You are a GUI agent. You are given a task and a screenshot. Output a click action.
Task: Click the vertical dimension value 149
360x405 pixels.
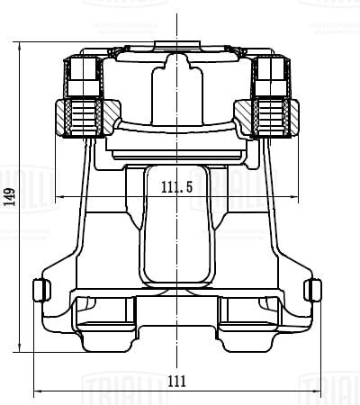(10, 197)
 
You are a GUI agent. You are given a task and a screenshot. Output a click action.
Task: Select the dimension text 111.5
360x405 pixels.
(177, 187)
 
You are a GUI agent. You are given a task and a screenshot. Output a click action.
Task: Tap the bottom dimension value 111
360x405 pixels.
(177, 381)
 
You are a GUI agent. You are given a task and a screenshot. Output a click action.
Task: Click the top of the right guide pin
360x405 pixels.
(271, 60)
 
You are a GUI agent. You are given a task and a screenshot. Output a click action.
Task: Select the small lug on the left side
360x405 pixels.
(39, 290)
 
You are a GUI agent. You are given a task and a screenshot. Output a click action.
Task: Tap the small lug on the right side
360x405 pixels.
(314, 290)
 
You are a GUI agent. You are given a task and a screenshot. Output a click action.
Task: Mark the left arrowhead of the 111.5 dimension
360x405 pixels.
(59, 196)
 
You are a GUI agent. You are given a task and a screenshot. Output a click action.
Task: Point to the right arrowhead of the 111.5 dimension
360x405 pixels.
(298, 196)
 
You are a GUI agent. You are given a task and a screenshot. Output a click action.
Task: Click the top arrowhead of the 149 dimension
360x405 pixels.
(20, 44)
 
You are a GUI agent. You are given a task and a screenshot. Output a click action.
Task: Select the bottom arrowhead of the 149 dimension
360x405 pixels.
(20, 351)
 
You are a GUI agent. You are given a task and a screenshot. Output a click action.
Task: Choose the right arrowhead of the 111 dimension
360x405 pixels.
(319, 391)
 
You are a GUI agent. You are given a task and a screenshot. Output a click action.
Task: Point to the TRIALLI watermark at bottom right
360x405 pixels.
(329, 386)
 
